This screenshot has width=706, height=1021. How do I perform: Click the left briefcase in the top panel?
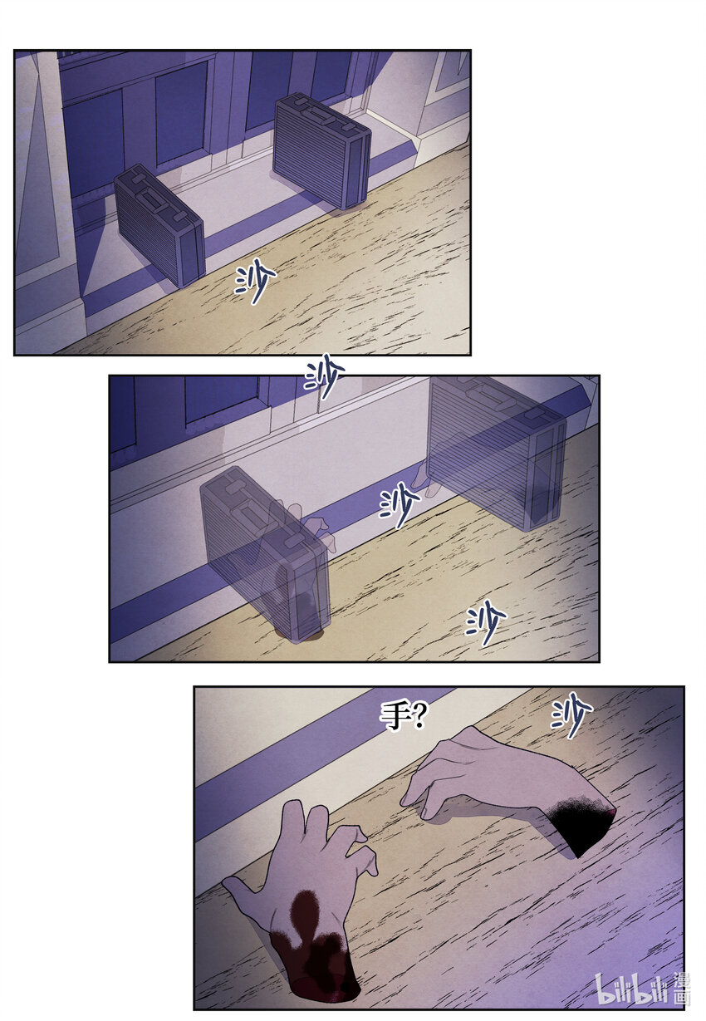pos(159,225)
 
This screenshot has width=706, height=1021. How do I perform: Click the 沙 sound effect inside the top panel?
pos(256,283)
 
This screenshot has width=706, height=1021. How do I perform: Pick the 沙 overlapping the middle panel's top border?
pos(325,378)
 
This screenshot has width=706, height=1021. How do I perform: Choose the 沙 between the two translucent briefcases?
pos(399,503)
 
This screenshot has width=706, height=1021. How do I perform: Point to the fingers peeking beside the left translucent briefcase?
pos(317,530)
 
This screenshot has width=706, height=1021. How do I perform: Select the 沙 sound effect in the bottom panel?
pos(572,715)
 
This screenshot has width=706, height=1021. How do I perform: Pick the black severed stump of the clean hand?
pos(581,824)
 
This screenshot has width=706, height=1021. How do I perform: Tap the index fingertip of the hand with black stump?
pos(407,801)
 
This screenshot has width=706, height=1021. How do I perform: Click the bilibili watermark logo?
pos(631,989)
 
